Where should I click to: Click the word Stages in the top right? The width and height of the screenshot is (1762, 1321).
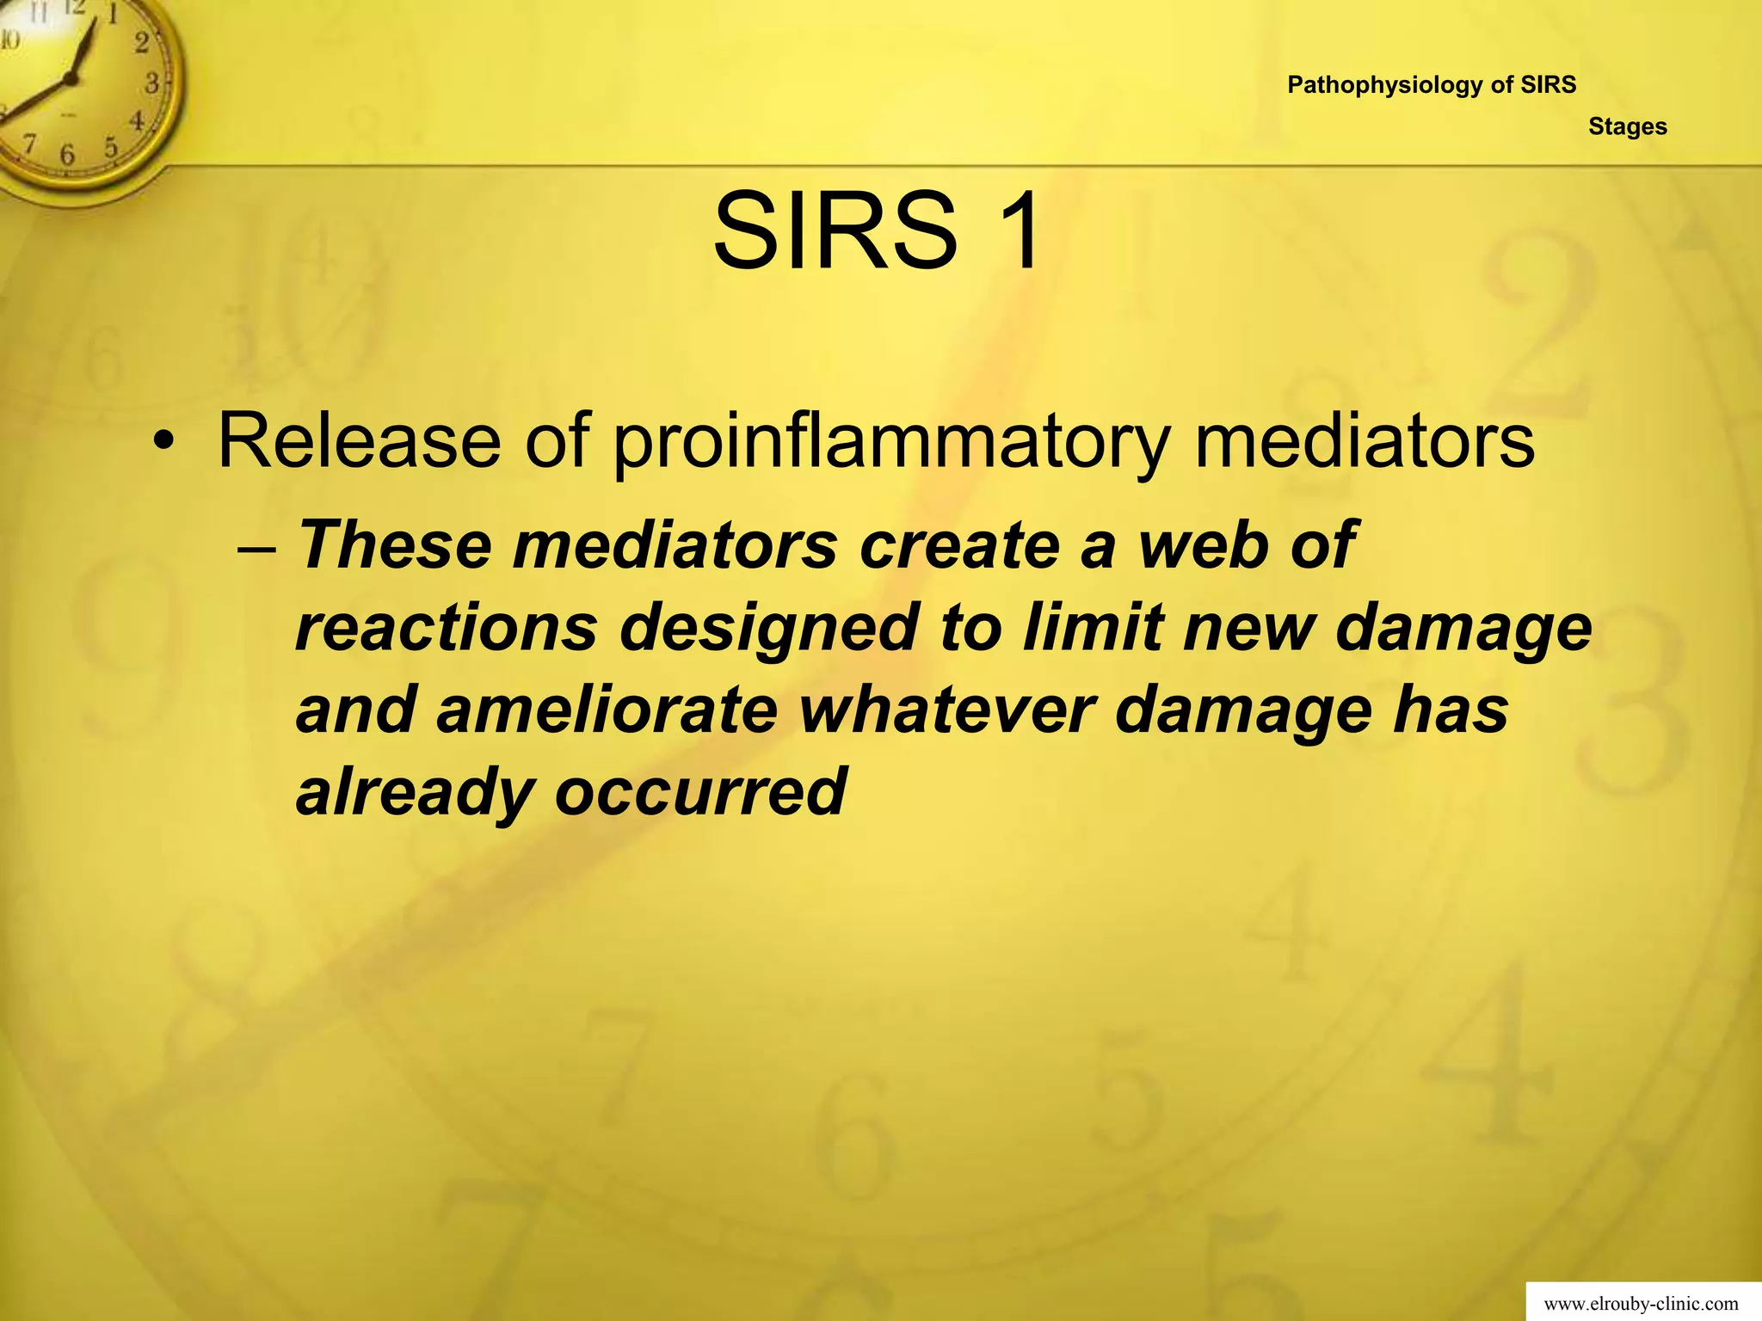[1628, 126]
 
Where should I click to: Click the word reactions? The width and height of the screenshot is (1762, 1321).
[446, 628]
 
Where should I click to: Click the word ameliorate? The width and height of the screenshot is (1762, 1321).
[607, 710]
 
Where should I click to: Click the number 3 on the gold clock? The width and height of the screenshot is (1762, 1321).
[152, 83]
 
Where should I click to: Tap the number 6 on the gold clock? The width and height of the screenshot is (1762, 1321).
[67, 156]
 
